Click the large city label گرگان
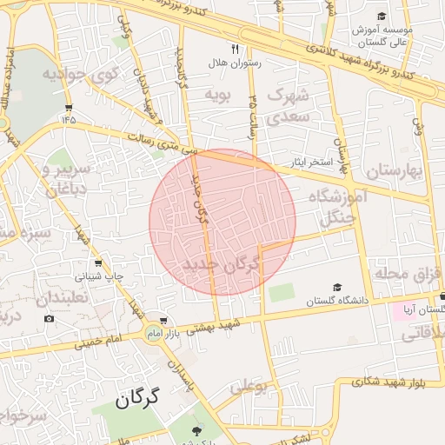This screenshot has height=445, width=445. click(x=138, y=401)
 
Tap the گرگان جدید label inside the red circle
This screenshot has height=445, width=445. click(x=222, y=264)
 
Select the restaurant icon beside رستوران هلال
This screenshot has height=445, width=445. click(x=236, y=49)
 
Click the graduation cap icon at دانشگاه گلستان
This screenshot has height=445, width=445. click(x=337, y=288)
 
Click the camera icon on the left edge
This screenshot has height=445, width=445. click(x=49, y=318)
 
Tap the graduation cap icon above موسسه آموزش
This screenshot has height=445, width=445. click(x=382, y=17)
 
